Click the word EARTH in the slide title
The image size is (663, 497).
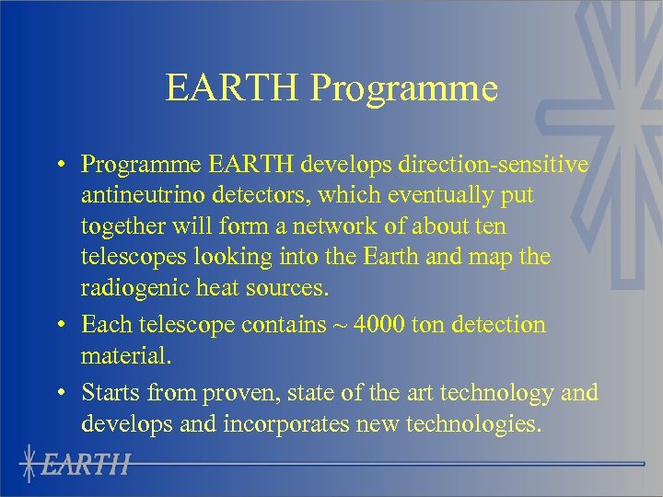(234, 88)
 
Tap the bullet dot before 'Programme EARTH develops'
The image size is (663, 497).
(58, 165)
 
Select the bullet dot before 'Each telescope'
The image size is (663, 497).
(58, 325)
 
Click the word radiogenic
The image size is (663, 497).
(135, 288)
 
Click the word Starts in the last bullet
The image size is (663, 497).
(109, 393)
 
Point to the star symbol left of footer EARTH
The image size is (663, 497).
(31, 464)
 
